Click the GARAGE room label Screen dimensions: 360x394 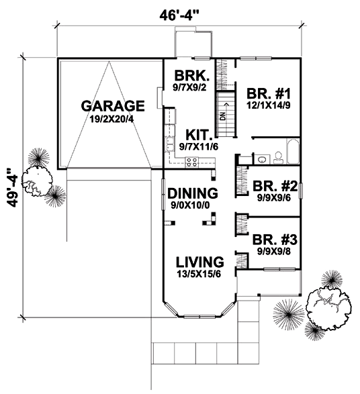point(113,106)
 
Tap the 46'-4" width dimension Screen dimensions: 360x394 point(178,15)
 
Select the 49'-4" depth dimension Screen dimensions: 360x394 point(12,187)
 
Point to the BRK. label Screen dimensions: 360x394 point(192,75)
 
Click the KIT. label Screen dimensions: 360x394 point(199,135)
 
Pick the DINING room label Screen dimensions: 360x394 point(193,193)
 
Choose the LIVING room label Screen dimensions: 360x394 point(199,262)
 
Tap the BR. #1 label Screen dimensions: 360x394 point(269,94)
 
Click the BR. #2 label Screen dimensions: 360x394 point(275,186)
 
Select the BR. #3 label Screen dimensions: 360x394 point(275,240)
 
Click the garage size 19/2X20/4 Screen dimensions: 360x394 point(111,119)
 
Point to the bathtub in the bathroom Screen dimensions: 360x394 point(293,152)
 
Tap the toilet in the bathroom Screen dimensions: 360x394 point(278,158)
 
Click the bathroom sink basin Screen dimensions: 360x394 point(262,159)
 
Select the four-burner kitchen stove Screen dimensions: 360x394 point(192,162)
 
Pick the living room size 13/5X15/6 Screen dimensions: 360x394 point(199,274)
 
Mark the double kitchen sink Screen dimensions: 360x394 point(169,144)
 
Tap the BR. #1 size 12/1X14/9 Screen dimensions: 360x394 point(268,105)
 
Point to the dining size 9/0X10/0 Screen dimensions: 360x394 point(190,205)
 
